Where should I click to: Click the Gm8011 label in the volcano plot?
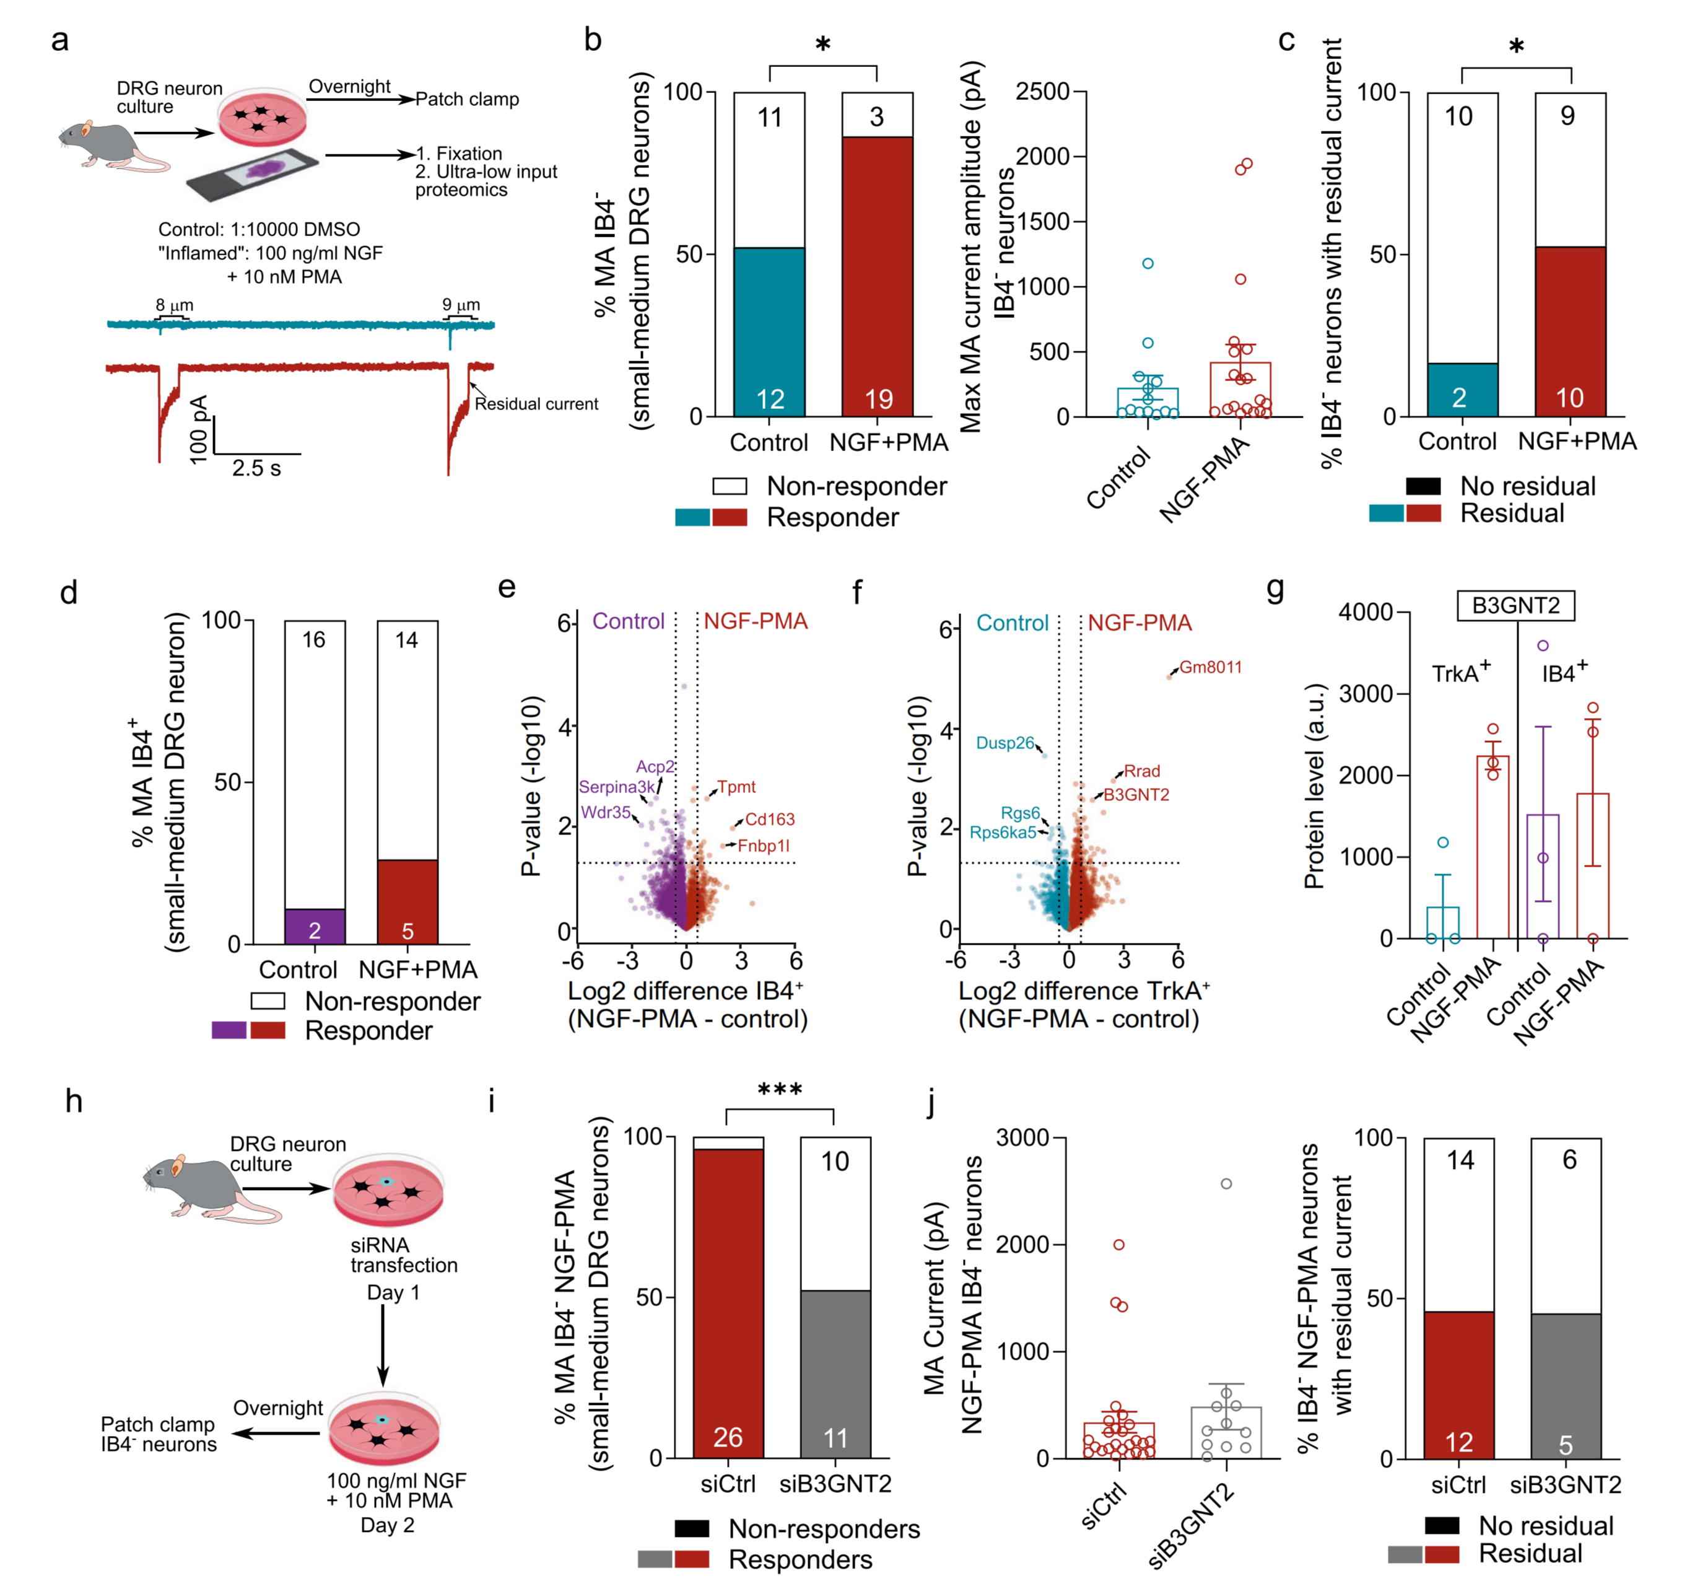[1210, 668]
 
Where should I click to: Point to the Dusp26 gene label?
[1004, 743]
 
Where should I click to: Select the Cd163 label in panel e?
[769, 820]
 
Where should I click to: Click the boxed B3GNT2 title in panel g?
[1515, 606]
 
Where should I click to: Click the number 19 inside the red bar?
[878, 399]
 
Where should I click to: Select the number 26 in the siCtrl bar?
[727, 1437]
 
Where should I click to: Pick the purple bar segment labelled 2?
[315, 927]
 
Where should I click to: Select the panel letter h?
[74, 1102]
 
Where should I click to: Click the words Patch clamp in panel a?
[467, 100]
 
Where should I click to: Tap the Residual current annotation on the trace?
[536, 405]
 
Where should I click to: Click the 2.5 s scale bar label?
[256, 468]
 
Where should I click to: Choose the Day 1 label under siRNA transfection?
[393, 1293]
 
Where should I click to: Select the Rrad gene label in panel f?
[1141, 772]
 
